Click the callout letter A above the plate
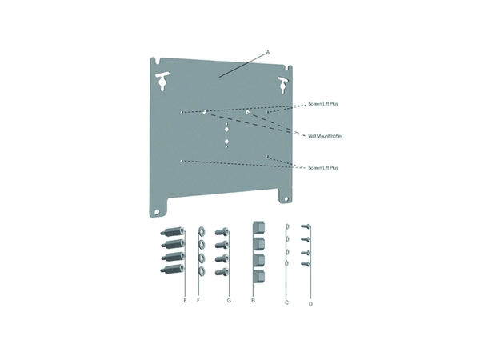pos(268,53)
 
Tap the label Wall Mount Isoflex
pos(326,136)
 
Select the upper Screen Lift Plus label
pos(322,104)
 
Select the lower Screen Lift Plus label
pos(322,168)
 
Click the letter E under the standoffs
pos(185,300)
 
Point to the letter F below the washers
pos(198,300)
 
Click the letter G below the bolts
pos(229,300)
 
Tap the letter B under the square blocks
pos(253,300)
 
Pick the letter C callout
pos(286,302)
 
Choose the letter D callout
pos(310,304)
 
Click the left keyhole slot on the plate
pos(162,80)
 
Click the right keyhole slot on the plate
pos(283,85)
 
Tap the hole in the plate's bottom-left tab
pos(157,212)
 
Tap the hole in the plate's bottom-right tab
pos(286,198)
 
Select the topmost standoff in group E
pos(172,232)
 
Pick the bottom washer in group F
pos(202,272)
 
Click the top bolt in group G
pos(222,232)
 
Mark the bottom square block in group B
pos(258,277)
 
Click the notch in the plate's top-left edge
pos(161,61)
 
